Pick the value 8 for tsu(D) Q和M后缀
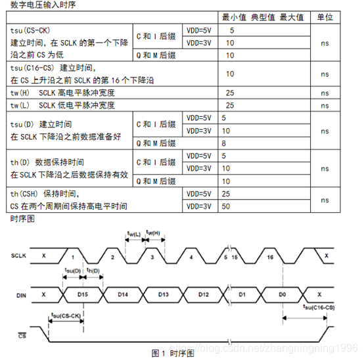tap(225, 143)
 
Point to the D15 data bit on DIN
tap(82, 293)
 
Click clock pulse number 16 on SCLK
tap(270, 258)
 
